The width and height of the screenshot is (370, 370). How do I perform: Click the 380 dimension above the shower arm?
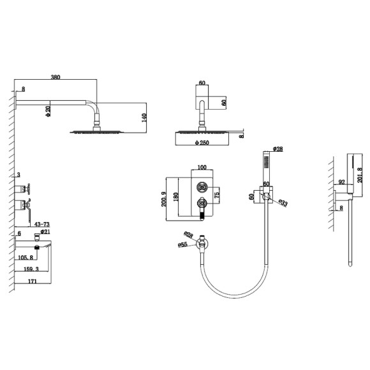tap(56, 77)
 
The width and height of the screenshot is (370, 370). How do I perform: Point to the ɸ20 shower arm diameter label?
tap(48, 111)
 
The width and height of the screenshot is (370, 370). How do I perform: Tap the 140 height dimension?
tap(144, 118)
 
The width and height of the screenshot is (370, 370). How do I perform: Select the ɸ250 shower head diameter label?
tap(202, 142)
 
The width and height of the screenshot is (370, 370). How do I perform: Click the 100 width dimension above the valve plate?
tap(202, 167)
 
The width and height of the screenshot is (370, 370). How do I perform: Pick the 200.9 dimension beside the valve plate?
tap(164, 199)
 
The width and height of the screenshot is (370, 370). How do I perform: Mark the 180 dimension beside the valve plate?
tap(175, 197)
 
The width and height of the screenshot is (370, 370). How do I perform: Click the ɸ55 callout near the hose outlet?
tap(182, 245)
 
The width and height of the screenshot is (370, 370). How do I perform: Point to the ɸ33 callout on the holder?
tap(283, 203)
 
